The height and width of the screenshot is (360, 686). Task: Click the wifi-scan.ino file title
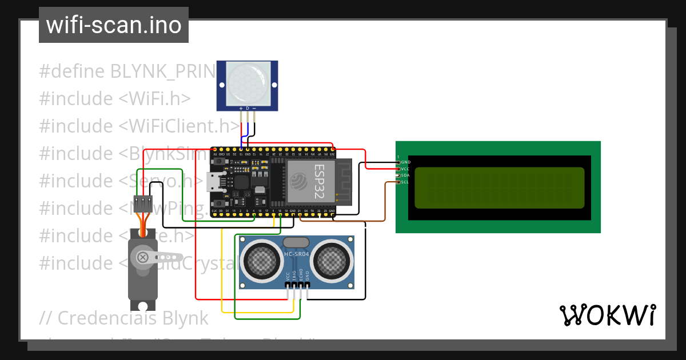[113, 25]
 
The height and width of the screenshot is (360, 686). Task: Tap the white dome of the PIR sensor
[247, 82]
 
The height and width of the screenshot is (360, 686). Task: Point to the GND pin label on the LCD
[406, 162]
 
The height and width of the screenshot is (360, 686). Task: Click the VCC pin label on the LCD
[406, 169]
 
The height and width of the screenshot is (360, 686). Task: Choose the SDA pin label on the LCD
[406, 175]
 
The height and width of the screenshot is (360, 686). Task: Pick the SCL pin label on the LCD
[405, 182]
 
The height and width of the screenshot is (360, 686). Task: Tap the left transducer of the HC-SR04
[262, 261]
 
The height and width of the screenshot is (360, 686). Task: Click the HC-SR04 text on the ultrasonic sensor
[297, 254]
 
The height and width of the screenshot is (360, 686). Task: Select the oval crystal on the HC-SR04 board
[296, 243]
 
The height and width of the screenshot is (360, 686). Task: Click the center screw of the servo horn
[142, 257]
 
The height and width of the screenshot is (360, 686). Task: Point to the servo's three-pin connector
[142, 203]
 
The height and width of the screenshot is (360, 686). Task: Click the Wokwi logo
[607, 315]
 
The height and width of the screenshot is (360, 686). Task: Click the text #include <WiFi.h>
[114, 98]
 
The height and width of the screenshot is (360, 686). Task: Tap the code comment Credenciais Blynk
[123, 317]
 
